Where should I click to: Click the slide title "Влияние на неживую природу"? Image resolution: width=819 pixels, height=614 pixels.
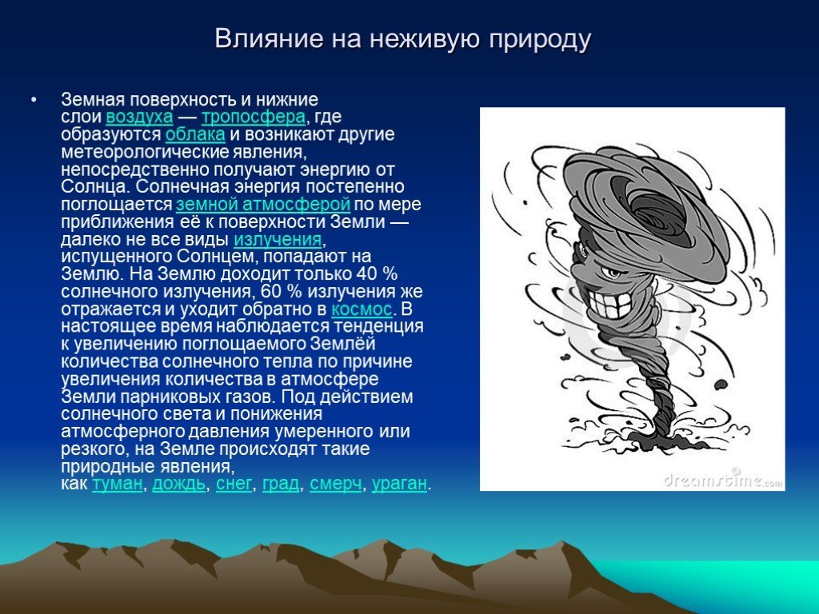[x=403, y=38]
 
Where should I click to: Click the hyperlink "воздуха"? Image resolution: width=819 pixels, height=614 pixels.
[x=139, y=117]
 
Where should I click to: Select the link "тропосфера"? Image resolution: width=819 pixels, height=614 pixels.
[x=254, y=117]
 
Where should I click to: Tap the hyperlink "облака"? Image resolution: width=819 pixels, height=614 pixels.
[x=195, y=134]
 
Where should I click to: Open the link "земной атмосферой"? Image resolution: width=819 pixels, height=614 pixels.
[x=263, y=204]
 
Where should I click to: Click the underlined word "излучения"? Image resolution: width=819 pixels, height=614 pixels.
[x=278, y=239]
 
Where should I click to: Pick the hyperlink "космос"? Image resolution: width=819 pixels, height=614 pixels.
[x=362, y=309]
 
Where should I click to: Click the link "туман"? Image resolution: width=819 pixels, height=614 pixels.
[x=118, y=484]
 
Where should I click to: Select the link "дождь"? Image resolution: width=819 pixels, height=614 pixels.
[x=178, y=484]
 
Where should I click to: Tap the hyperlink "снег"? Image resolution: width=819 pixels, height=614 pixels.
[x=234, y=484]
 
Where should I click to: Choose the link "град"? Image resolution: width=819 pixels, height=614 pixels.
[x=281, y=484]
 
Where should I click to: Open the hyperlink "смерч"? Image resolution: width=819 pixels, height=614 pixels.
[x=335, y=484]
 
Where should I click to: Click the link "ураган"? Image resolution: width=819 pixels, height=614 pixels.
[x=399, y=484]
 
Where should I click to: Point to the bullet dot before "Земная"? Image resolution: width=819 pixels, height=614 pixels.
[x=34, y=99]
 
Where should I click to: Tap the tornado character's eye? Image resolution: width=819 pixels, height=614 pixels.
[x=611, y=273]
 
